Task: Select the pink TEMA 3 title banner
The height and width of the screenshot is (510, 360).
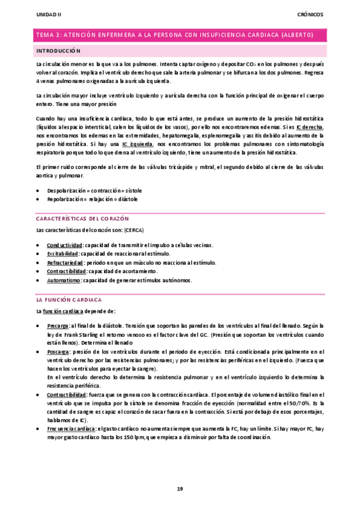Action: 180,35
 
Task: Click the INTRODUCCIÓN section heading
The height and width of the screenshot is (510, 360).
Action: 58,51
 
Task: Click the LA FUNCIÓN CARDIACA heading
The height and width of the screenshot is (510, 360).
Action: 69,299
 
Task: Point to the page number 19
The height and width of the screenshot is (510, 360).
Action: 179,488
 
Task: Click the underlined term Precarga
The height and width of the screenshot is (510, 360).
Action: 58,325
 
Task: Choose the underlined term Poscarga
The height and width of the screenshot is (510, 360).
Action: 58,351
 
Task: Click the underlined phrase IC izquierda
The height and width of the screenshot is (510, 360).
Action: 136,145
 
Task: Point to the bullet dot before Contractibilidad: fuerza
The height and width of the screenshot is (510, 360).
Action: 38,394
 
